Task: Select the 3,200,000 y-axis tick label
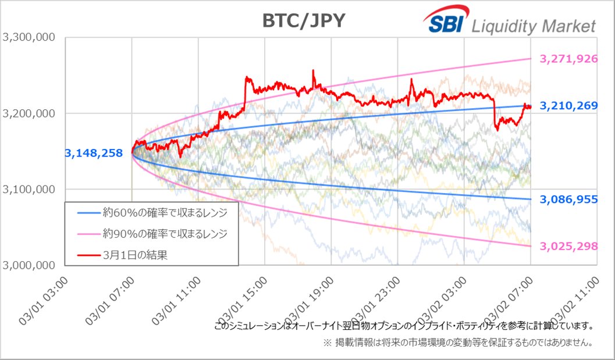(x=29, y=113)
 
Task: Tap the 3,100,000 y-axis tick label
(x=29, y=189)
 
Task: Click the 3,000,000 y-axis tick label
(x=29, y=265)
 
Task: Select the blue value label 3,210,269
(x=568, y=106)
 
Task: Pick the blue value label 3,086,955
(x=568, y=199)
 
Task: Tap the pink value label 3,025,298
(x=568, y=246)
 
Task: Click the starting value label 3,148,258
(x=94, y=154)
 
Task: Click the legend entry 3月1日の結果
(x=134, y=255)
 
